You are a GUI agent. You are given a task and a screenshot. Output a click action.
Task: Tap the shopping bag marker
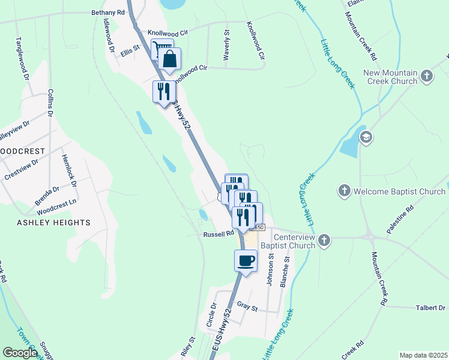coord(170,59)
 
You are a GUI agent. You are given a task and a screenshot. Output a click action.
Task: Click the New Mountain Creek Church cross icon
coord(427,76)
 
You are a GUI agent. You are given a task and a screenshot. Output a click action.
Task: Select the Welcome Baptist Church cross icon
coord(344,191)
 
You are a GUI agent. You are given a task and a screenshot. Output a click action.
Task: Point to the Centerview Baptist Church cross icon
coord(324,241)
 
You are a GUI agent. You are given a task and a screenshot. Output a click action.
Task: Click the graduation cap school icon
coord(366,138)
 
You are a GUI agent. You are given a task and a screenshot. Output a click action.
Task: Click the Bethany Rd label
coord(108,12)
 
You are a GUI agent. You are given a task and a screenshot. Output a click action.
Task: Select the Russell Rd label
coord(217,234)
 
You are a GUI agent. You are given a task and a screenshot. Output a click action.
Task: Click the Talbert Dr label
coord(431,308)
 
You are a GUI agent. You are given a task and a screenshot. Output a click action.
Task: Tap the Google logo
coord(20,353)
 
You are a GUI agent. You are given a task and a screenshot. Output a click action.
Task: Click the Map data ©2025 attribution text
coord(423,355)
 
